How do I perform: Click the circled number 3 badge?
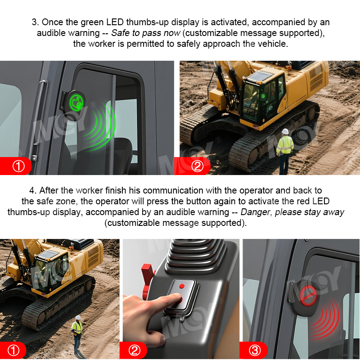click(x=255, y=351)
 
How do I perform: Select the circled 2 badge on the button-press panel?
click(x=134, y=351)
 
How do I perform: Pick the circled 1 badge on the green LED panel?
click(x=18, y=166)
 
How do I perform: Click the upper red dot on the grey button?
click(x=182, y=286)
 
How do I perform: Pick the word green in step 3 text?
click(x=92, y=22)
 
